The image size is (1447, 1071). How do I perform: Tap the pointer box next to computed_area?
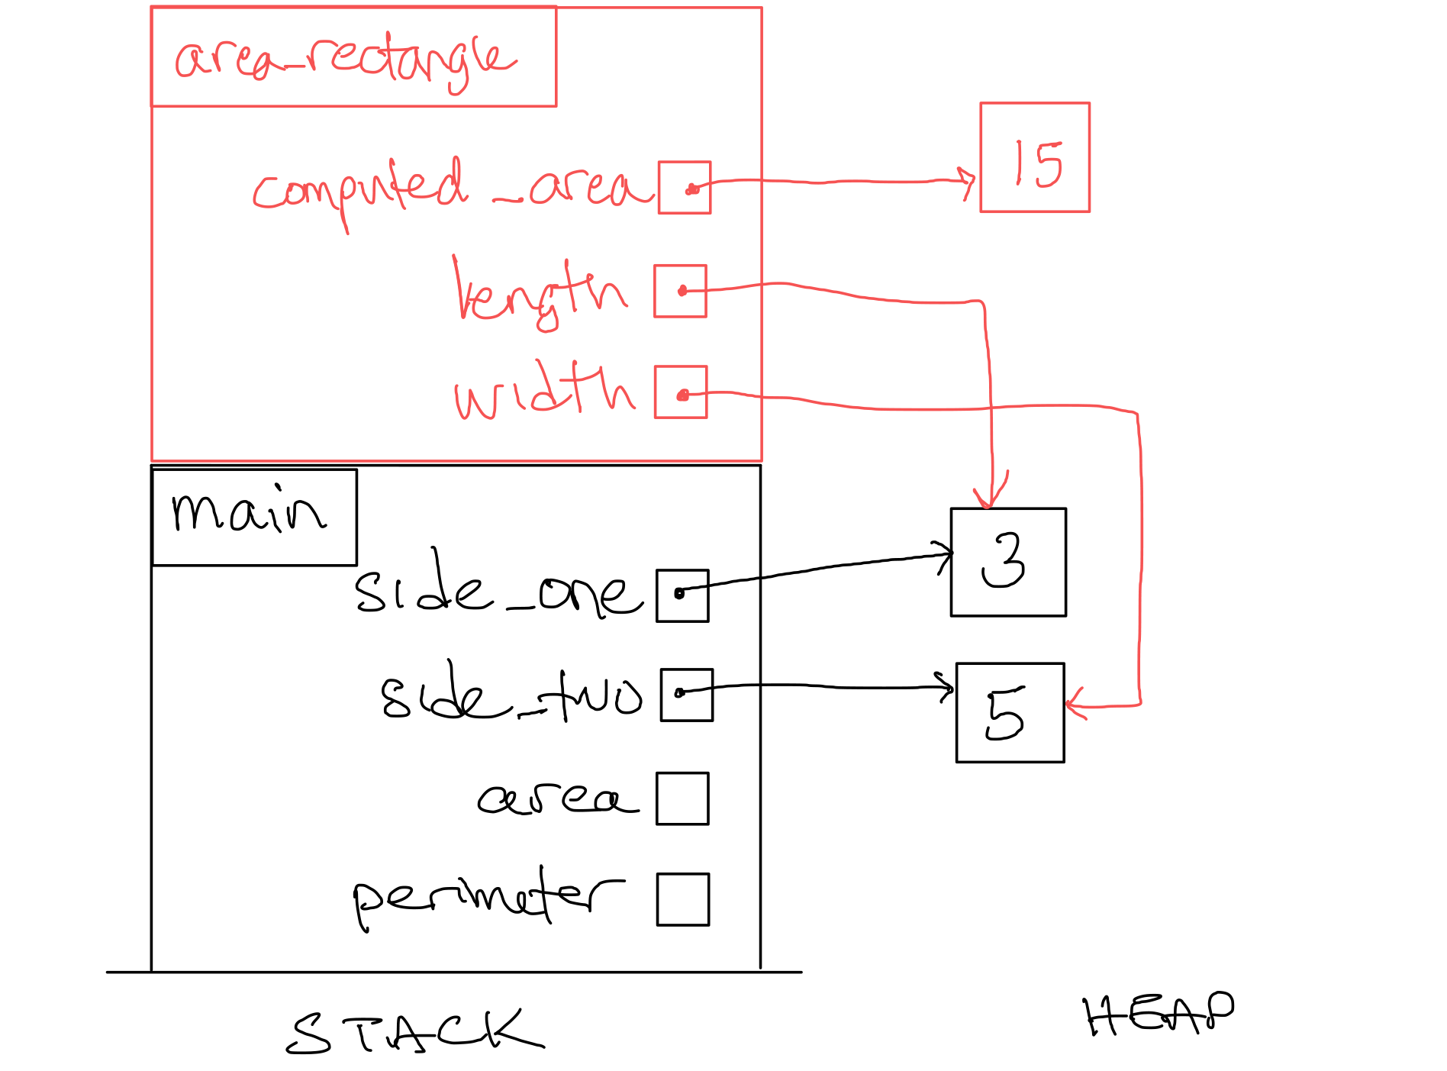tap(685, 188)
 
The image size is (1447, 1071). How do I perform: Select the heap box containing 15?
tap(1034, 157)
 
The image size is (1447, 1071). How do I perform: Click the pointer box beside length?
tap(680, 291)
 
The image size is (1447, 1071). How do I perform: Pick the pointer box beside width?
tap(681, 392)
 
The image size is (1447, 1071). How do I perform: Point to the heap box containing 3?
tap(1008, 562)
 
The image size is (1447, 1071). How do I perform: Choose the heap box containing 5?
tap(1010, 713)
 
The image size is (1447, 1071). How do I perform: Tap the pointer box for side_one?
tap(682, 595)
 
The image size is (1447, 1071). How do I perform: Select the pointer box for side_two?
tap(686, 695)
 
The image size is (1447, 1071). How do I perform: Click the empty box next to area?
tap(682, 798)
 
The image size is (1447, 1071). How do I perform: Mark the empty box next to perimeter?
tap(682, 899)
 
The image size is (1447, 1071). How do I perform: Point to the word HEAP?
tap(1158, 1014)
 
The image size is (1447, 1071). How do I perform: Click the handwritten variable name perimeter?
tap(488, 897)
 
